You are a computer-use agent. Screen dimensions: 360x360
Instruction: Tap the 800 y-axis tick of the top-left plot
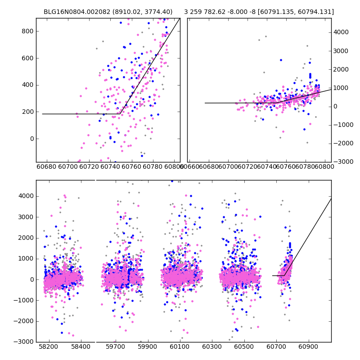(28, 31)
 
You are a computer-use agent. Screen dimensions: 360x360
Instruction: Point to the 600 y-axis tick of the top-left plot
(28, 58)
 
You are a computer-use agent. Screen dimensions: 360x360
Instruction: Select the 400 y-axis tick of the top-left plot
(28, 85)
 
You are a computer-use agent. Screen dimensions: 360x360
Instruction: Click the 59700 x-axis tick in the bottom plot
(115, 347)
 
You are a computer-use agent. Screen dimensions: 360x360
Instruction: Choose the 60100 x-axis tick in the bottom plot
(180, 347)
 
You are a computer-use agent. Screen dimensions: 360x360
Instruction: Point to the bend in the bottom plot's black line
(284, 275)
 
